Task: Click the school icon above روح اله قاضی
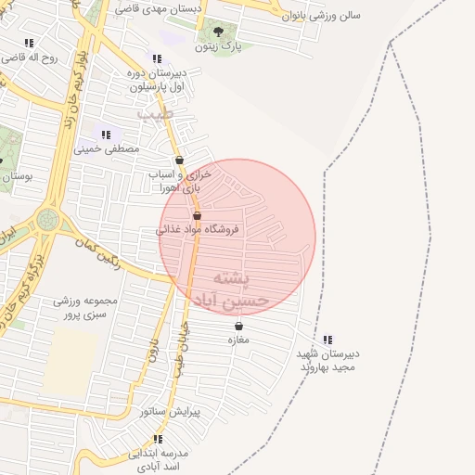pyautogui.click(x=29, y=43)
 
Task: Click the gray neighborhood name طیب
pyautogui.click(x=155, y=112)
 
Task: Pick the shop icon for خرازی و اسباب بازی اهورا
pyautogui.click(x=179, y=160)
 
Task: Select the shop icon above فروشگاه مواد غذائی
pyautogui.click(x=197, y=215)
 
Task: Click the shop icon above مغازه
pyautogui.click(x=239, y=326)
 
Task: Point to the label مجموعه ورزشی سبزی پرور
pyautogui.click(x=84, y=308)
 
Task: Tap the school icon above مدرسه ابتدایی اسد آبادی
pyautogui.click(x=159, y=438)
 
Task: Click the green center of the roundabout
pyautogui.click(x=46, y=221)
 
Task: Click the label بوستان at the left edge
pyautogui.click(x=17, y=175)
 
